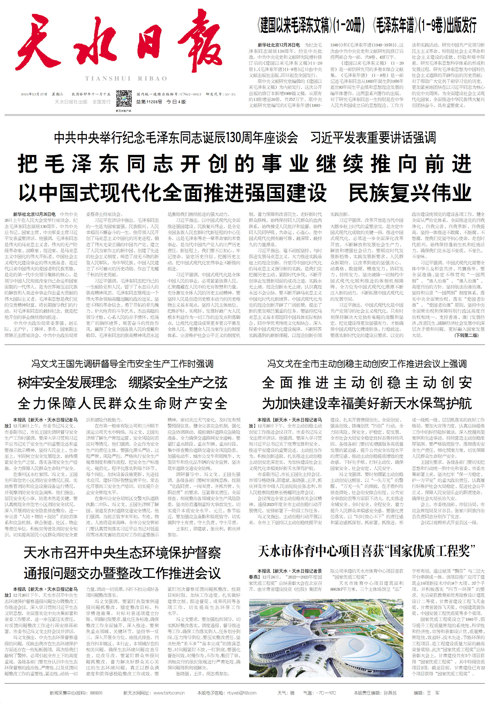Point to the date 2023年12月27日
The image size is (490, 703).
[34, 94]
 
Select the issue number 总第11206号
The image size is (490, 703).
[149, 102]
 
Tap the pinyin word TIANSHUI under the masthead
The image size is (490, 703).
[108, 79]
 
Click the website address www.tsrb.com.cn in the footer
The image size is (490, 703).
[169, 693]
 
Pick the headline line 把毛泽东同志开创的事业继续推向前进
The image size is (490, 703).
[245, 164]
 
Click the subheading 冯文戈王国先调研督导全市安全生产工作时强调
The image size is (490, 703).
[122, 364]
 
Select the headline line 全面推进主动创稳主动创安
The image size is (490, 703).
[367, 383]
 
